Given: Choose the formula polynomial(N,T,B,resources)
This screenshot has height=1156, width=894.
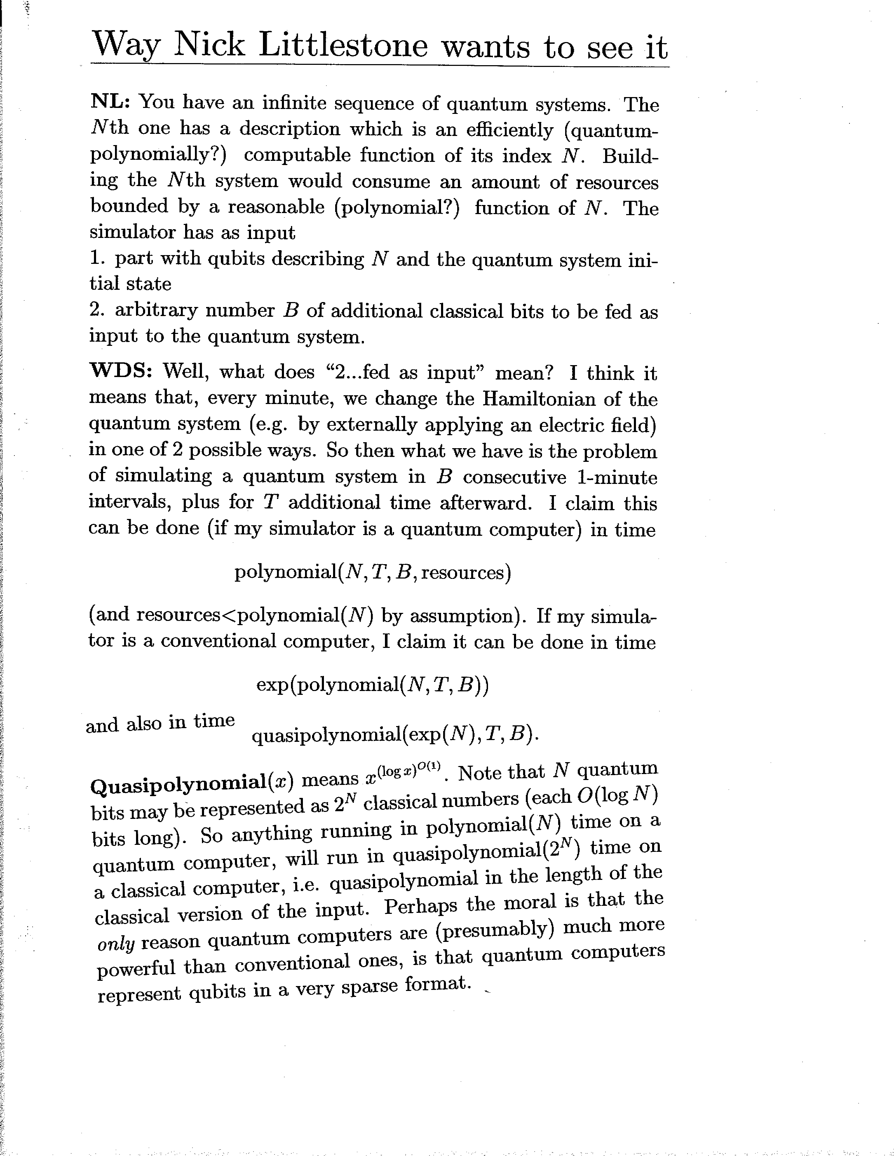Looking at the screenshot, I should [372, 573].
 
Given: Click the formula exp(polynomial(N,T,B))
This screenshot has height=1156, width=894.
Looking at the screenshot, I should [372, 685].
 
